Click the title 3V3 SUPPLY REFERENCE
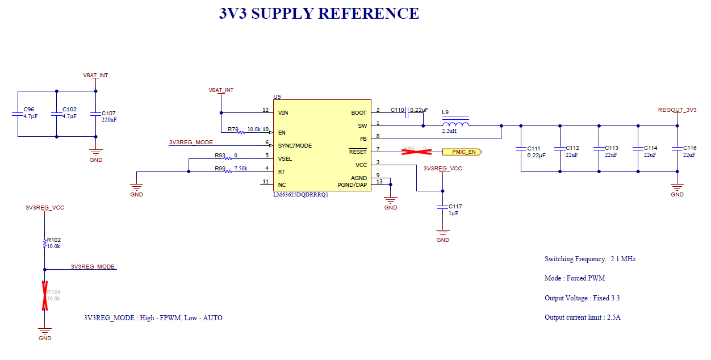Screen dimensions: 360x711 [x=319, y=14]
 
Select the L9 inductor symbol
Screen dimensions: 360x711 [x=455, y=125]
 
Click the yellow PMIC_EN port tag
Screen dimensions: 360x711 [x=462, y=152]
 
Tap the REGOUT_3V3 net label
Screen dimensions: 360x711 [x=677, y=110]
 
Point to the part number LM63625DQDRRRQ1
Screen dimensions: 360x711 [x=300, y=194]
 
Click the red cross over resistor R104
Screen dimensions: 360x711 [x=44, y=295]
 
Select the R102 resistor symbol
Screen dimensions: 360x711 [x=44, y=243]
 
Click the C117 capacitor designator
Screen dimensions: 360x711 [x=455, y=206]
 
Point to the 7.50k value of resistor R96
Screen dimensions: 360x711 [x=241, y=169]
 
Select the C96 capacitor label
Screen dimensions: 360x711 [x=28, y=110]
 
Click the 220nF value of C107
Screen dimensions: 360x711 [x=109, y=120]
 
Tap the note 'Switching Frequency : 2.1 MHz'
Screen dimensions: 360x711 [x=590, y=259]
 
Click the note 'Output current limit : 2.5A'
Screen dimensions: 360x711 [x=582, y=317]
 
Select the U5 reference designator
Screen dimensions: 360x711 [x=277, y=97]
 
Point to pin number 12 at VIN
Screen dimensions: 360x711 [x=265, y=110]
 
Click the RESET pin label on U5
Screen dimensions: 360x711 [x=358, y=152]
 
